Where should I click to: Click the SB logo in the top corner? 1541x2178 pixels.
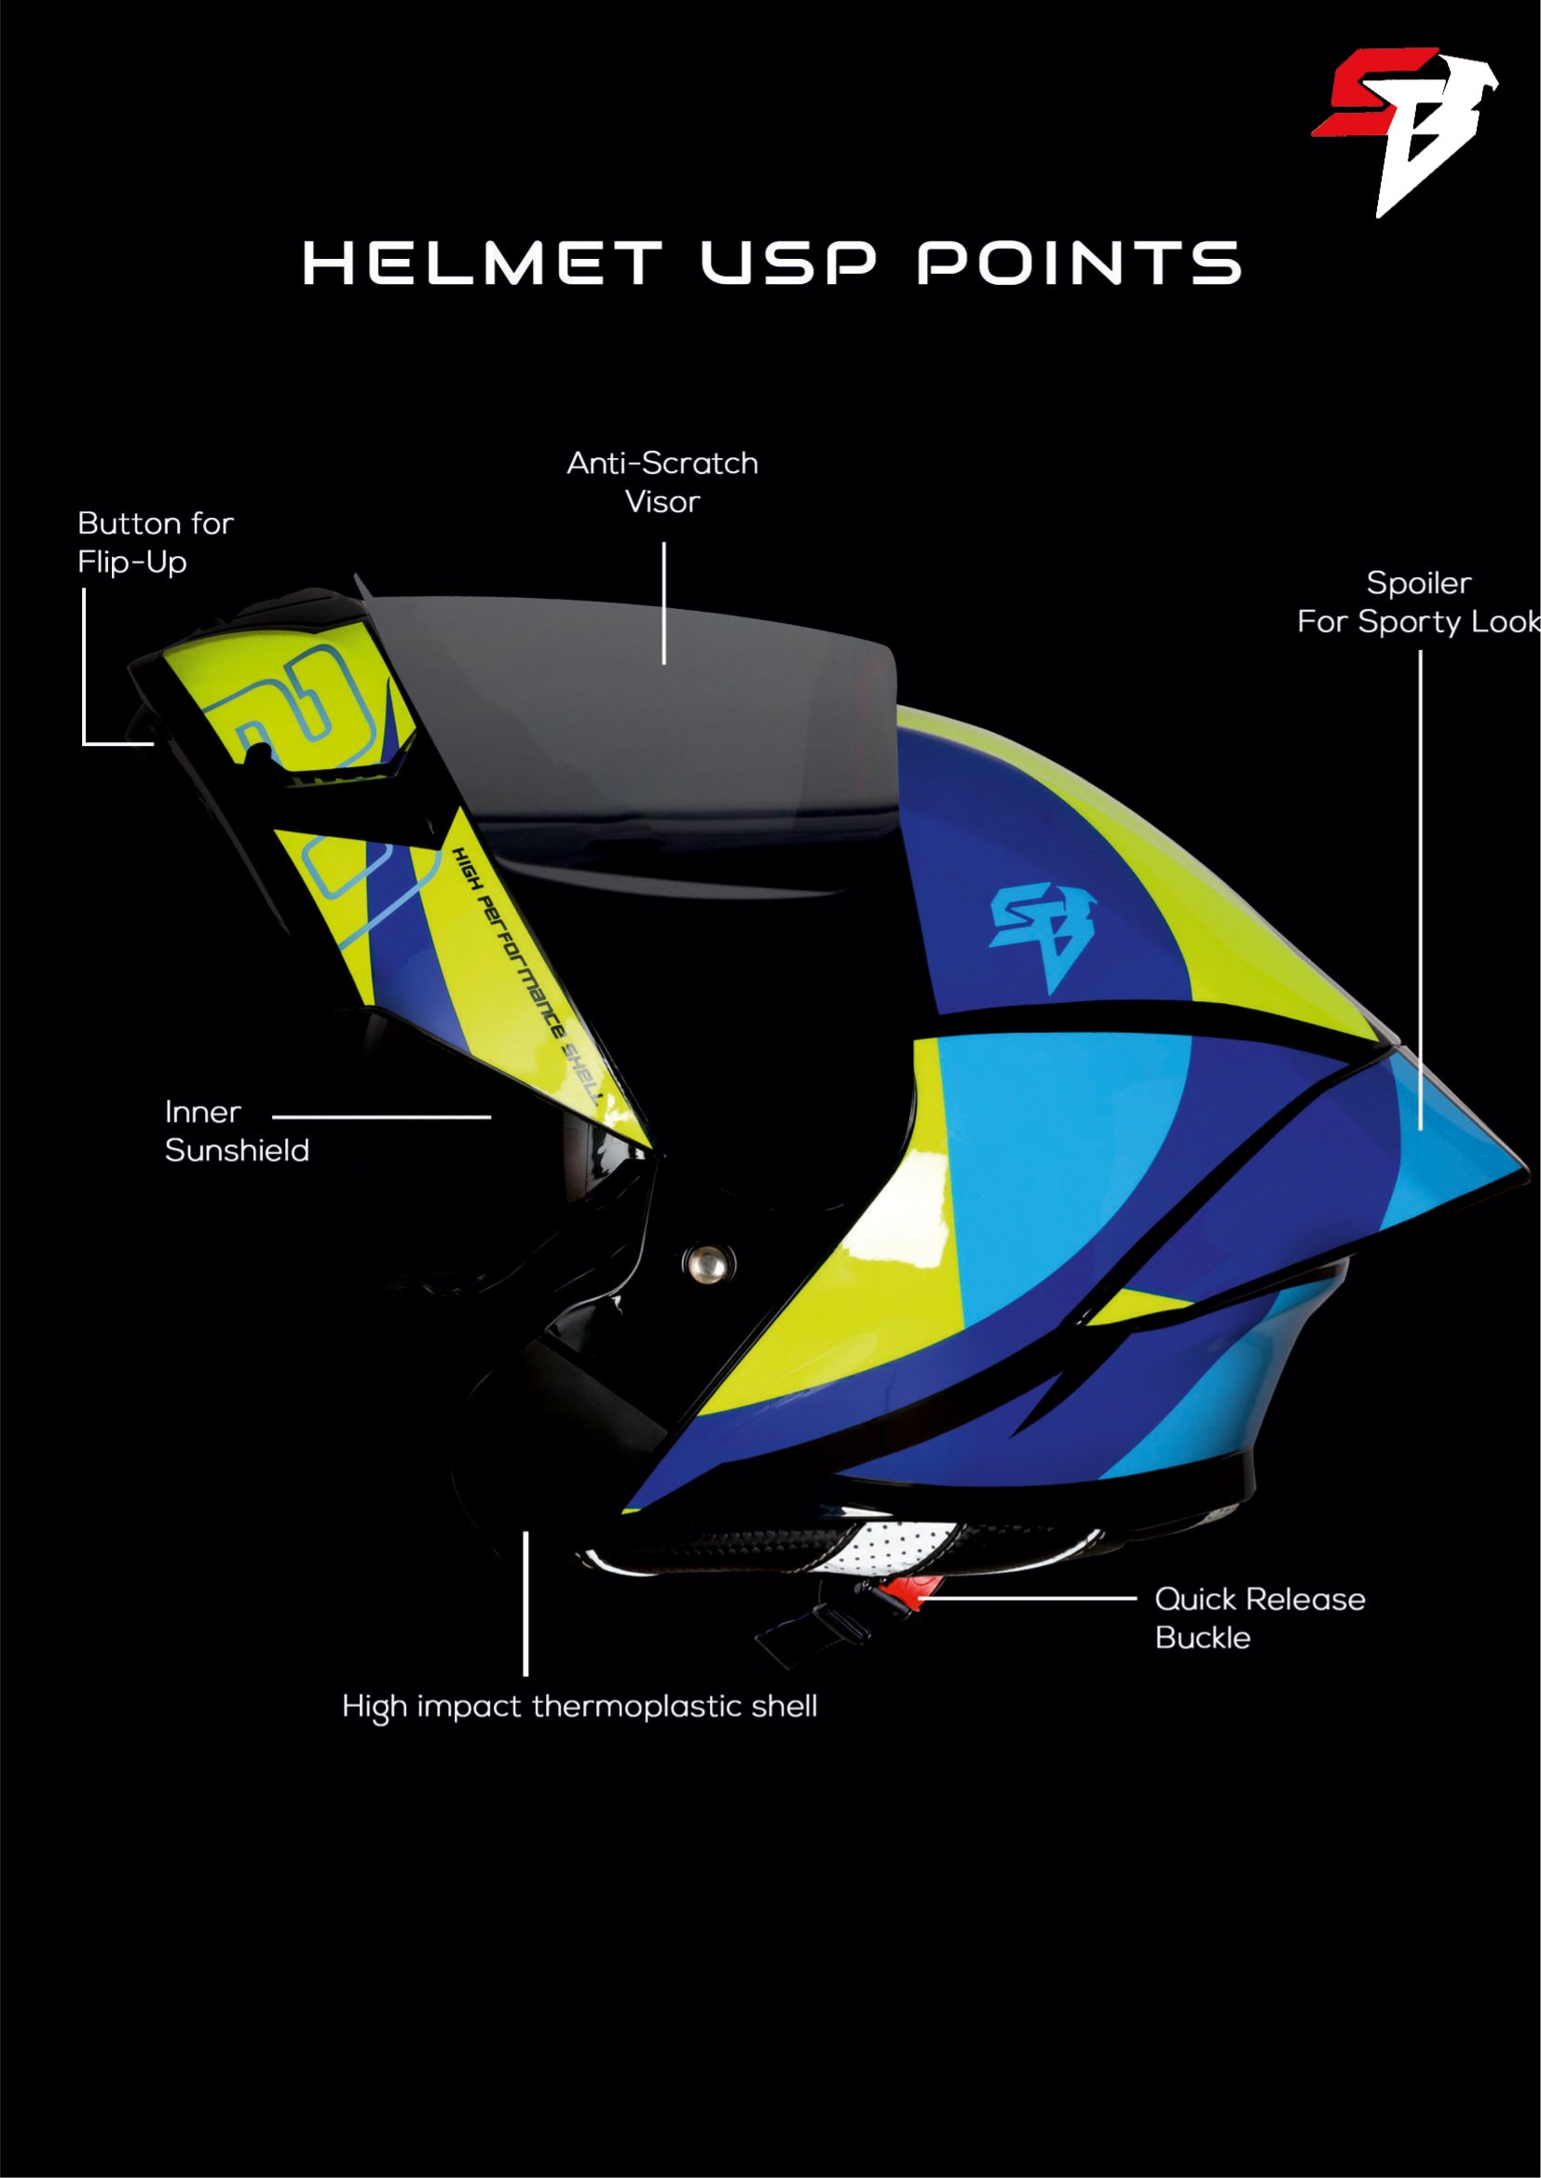(1404, 132)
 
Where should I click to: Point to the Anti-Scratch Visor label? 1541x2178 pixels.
(662, 482)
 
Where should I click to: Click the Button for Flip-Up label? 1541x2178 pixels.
(156, 543)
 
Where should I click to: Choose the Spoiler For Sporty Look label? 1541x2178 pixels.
(1419, 602)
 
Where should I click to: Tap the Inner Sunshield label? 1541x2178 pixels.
(238, 1130)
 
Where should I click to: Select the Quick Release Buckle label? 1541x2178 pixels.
(1261, 1617)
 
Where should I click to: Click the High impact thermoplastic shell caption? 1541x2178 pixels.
(580, 1707)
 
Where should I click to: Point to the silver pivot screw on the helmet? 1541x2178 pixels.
(707, 1263)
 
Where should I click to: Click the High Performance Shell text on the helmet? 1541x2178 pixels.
(526, 976)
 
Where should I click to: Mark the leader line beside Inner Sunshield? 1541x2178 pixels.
(381, 1117)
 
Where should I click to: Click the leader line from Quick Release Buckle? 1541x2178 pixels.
(1028, 1598)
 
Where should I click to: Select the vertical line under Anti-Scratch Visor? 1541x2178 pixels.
(663, 603)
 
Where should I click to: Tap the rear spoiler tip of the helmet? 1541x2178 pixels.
(1526, 1172)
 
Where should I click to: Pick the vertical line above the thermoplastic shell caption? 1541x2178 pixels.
(525, 1603)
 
